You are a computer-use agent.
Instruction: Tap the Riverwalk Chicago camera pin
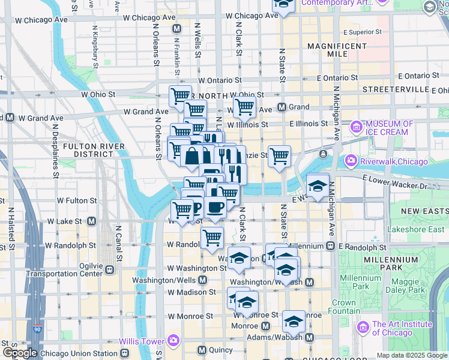click(x=350, y=161)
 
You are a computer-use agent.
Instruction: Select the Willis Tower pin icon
click(x=173, y=341)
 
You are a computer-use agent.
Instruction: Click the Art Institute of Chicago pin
click(x=363, y=328)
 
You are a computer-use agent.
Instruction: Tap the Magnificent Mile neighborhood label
click(x=337, y=50)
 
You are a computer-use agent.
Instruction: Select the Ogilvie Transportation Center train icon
click(x=110, y=269)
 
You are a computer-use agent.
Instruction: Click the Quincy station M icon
click(x=202, y=350)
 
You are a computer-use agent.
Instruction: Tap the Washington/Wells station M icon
click(x=203, y=280)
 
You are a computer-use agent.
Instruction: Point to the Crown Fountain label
click(x=343, y=307)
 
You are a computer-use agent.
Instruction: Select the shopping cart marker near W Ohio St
click(x=179, y=95)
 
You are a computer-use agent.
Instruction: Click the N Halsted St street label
click(x=11, y=229)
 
